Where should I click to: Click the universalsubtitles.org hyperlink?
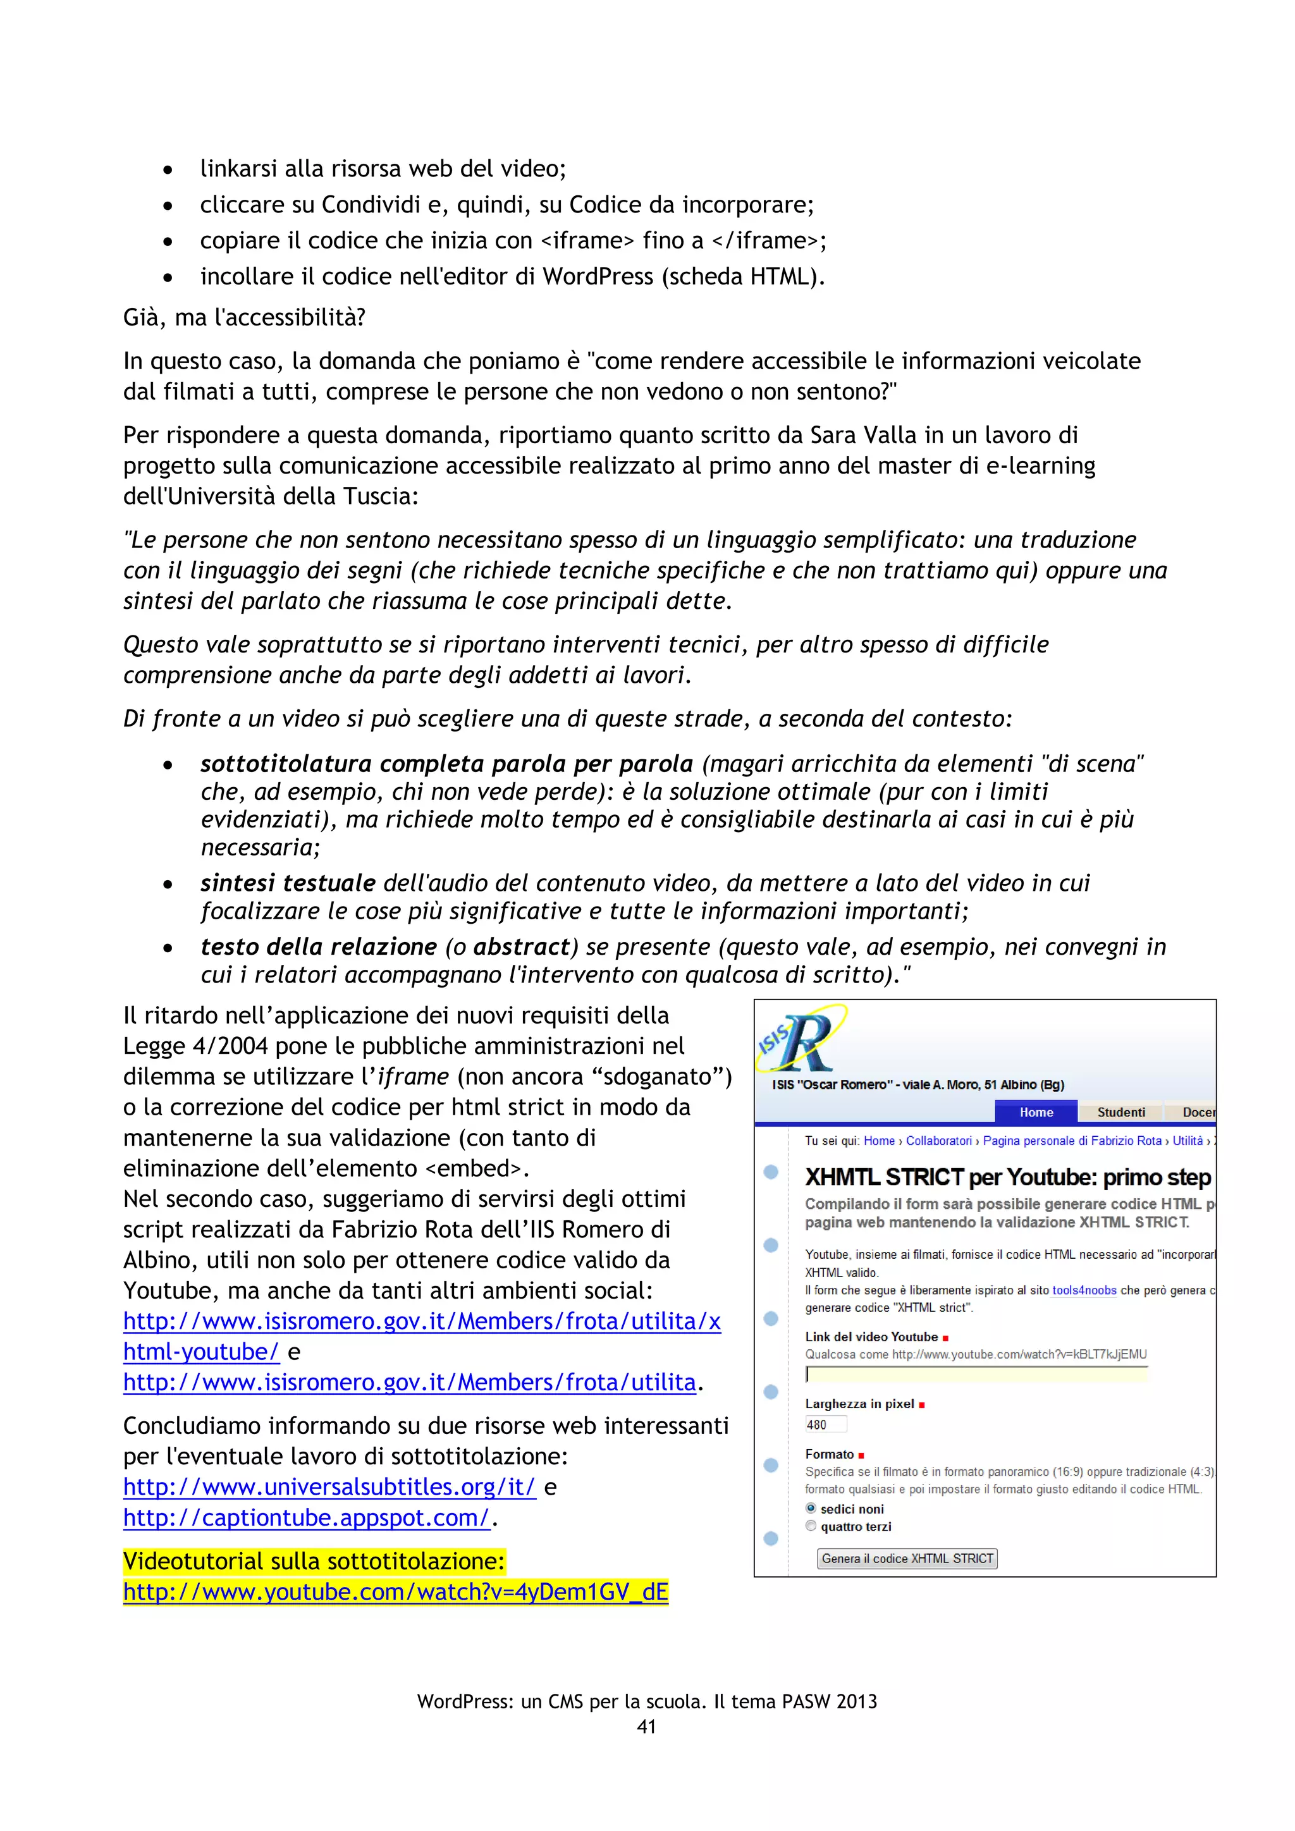[329, 1486]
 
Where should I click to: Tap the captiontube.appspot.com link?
[306, 1517]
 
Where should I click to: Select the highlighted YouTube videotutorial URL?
[395, 1592]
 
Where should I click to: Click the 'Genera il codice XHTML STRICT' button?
[907, 1558]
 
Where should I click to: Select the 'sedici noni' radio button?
[811, 1508]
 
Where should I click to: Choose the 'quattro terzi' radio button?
[811, 1526]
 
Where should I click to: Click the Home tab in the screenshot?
[1036, 1111]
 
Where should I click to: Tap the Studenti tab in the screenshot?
[1120, 1111]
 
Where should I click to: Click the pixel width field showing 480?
[825, 1424]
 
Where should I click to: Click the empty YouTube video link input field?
[976, 1373]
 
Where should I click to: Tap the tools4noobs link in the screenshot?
[1084, 1290]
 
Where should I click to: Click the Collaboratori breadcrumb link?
[938, 1141]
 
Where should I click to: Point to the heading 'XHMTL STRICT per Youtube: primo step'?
[1007, 1177]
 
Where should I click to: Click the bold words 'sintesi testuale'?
[288, 883]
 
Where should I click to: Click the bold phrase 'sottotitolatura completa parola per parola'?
[446, 763]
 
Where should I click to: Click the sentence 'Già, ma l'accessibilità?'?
[244, 317]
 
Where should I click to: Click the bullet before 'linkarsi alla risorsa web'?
[168, 170]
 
